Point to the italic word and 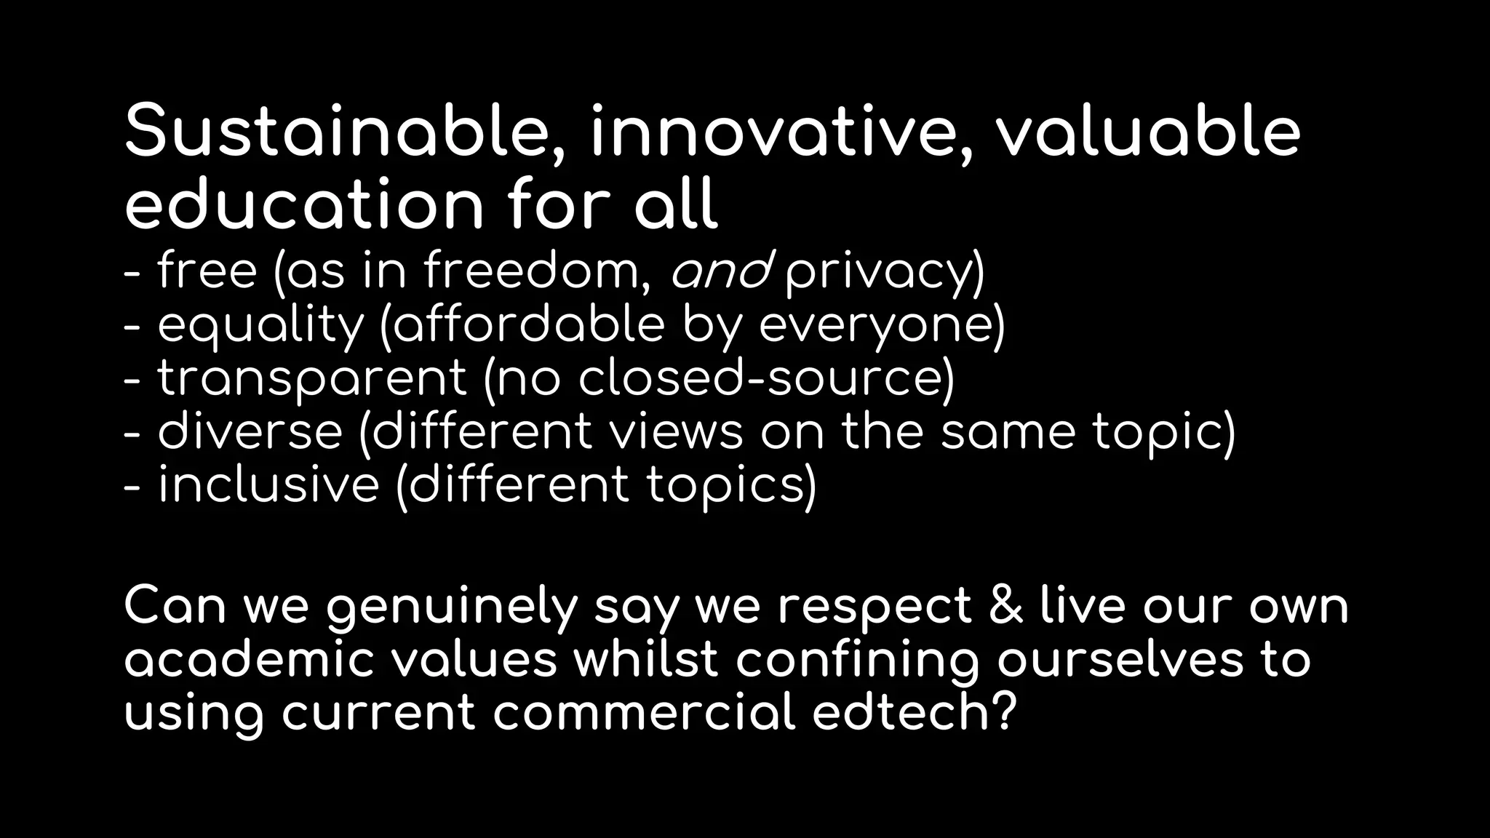pos(720,271)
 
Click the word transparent pos(312,379)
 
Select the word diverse pos(250,432)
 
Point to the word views pos(676,432)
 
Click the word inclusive pos(268,485)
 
